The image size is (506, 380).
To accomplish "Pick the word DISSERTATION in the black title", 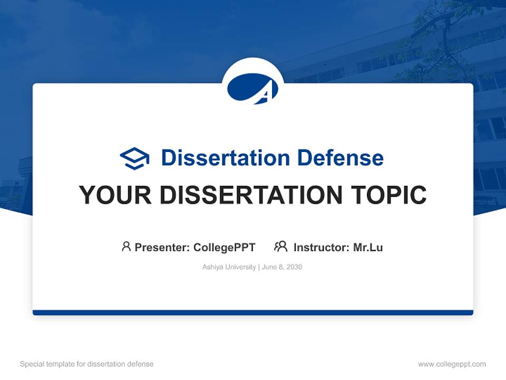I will click(x=247, y=195).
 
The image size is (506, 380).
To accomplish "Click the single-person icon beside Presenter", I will click(x=126, y=246).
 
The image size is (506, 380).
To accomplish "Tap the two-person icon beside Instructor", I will click(x=280, y=246).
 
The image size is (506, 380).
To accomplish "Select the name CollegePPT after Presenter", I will click(x=225, y=248).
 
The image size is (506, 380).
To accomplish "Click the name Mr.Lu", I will click(x=368, y=248).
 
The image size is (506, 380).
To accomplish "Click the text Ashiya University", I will click(x=229, y=267).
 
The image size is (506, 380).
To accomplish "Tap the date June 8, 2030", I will click(x=282, y=267).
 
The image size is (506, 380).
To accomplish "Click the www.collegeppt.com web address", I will click(x=452, y=364).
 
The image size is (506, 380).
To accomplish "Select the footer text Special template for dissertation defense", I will click(x=87, y=364).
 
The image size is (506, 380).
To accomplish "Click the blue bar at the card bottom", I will click(x=252, y=312).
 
